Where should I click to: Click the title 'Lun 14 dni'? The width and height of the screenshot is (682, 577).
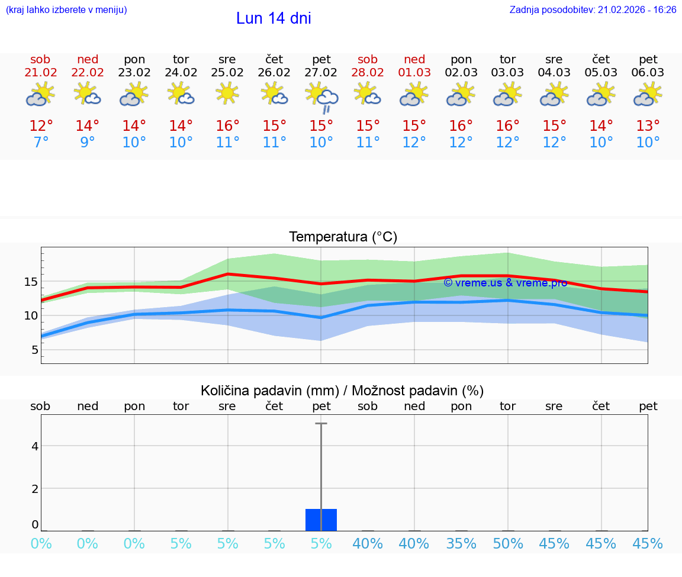[274, 18]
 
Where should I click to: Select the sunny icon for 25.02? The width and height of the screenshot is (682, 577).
[227, 93]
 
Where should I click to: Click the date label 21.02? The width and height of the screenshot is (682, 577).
[41, 72]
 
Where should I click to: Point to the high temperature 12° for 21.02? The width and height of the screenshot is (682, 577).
[41, 126]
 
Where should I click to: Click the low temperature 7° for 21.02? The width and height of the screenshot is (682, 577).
[41, 143]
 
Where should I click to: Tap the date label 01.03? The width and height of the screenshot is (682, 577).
[414, 72]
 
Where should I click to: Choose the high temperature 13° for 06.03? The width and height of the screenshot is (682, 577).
[648, 126]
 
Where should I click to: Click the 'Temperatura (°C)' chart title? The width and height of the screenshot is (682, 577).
[343, 237]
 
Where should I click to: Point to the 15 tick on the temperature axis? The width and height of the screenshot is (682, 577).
[31, 282]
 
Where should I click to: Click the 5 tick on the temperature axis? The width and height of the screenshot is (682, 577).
[34, 350]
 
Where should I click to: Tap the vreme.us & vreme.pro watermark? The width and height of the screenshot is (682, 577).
[505, 283]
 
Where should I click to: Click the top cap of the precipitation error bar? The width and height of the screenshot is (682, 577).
[321, 424]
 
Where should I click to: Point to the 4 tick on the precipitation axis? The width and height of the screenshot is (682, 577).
[35, 446]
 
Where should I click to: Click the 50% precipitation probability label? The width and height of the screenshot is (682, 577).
[508, 544]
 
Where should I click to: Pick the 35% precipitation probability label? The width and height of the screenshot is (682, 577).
[461, 544]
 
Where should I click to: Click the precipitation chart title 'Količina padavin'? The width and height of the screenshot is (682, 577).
[342, 391]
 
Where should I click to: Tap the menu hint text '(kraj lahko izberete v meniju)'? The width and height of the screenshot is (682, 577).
[66, 9]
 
